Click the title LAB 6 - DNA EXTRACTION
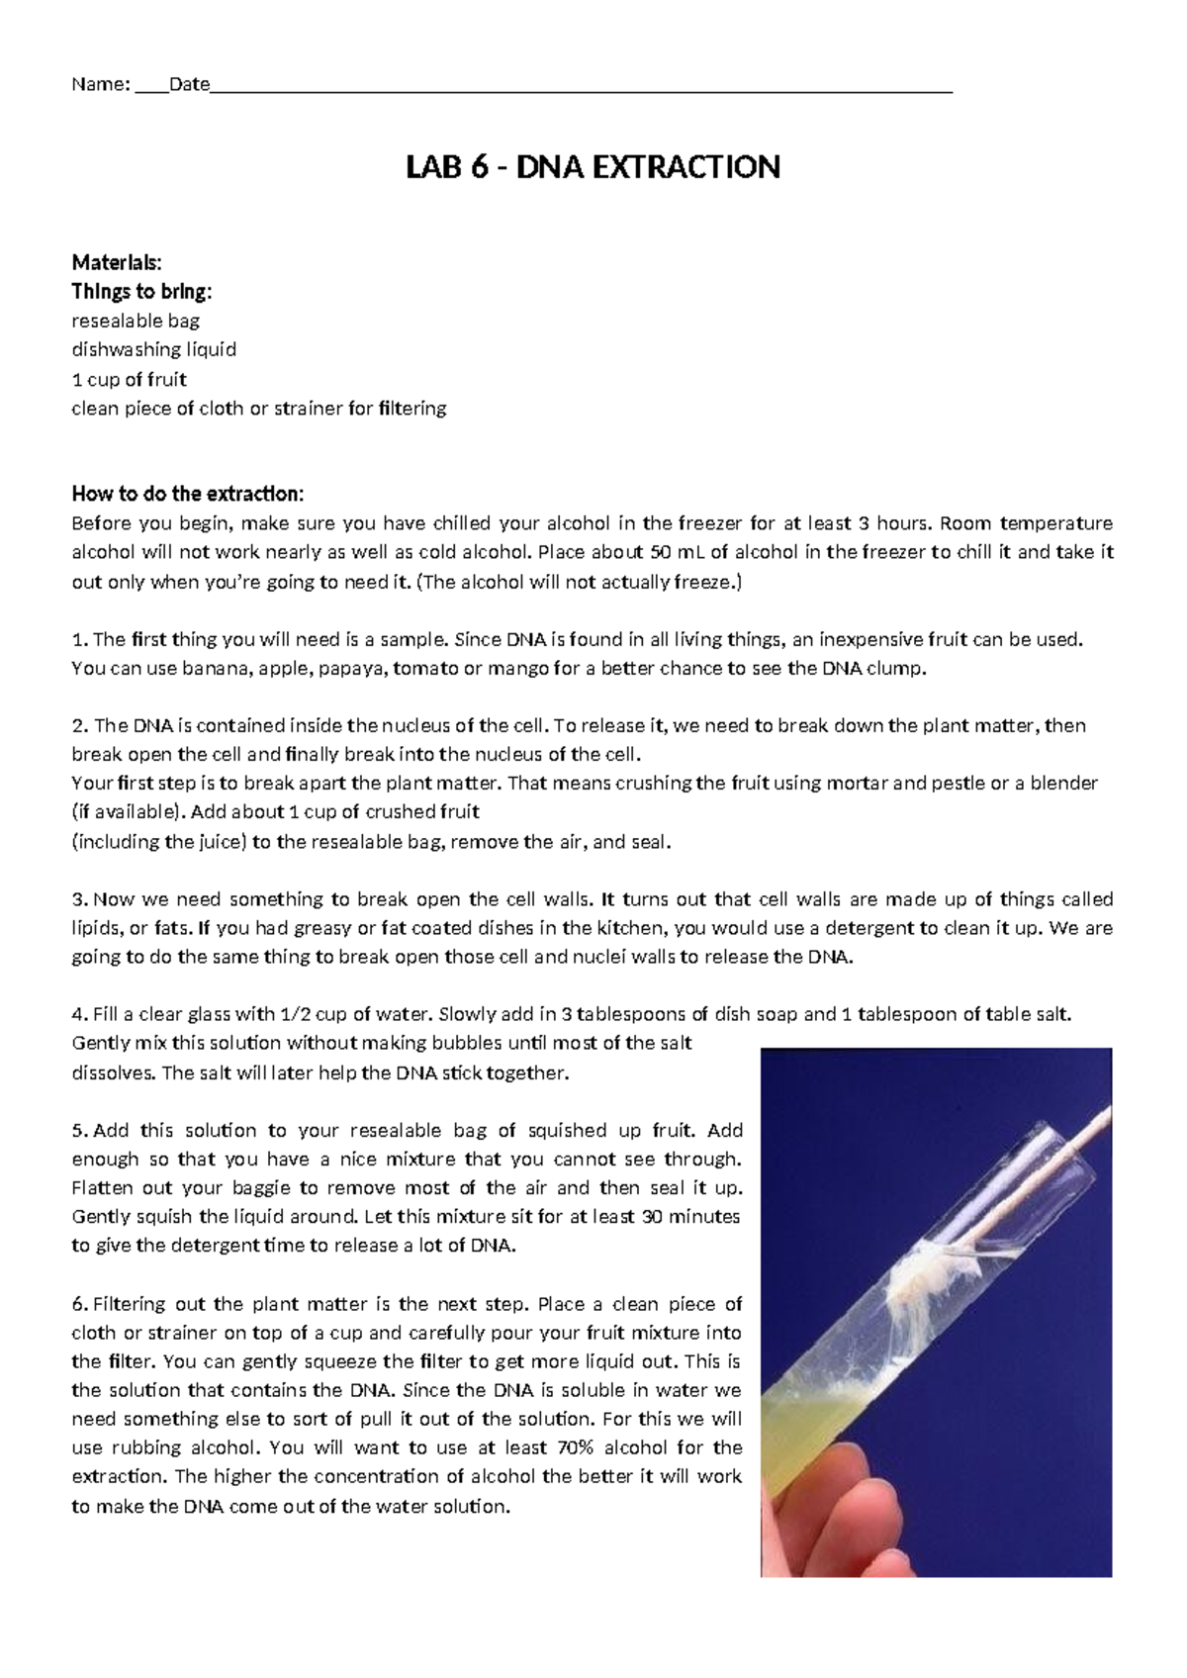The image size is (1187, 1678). (x=593, y=167)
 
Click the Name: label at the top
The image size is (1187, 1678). (x=100, y=85)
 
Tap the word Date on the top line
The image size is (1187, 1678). (x=189, y=85)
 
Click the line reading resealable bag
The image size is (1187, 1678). (x=136, y=321)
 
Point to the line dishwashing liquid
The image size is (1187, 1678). (x=153, y=349)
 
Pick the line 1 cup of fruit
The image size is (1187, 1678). (x=129, y=379)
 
